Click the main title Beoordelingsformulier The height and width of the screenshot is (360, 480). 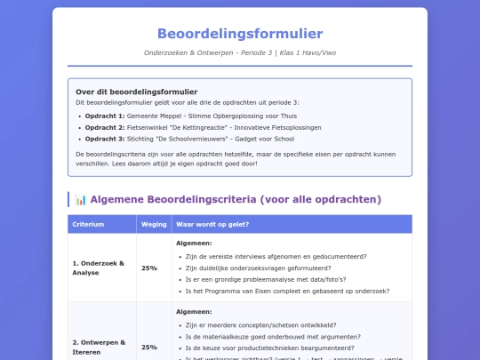[240, 34]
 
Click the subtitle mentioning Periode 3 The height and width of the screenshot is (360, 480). [240, 52]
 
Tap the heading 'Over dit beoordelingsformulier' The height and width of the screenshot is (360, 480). [137, 92]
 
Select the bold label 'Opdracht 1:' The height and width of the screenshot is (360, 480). [104, 116]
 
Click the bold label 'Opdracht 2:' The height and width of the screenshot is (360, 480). [104, 127]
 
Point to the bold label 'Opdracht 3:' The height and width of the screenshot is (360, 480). [104, 139]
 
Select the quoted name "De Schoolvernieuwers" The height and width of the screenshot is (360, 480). [195, 139]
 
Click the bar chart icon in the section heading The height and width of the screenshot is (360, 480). [80, 199]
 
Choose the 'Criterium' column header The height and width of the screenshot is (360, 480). [88, 224]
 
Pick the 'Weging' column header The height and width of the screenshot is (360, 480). [149, 224]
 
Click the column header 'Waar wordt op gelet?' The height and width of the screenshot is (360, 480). [212, 224]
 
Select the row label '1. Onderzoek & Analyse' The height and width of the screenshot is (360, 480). [99, 268]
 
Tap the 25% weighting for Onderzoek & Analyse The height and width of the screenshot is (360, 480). [149, 268]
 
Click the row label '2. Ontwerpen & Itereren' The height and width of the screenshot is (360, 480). [99, 347]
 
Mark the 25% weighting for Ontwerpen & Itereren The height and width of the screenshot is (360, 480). [149, 347]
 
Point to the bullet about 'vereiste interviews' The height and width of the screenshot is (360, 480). [276, 256]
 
